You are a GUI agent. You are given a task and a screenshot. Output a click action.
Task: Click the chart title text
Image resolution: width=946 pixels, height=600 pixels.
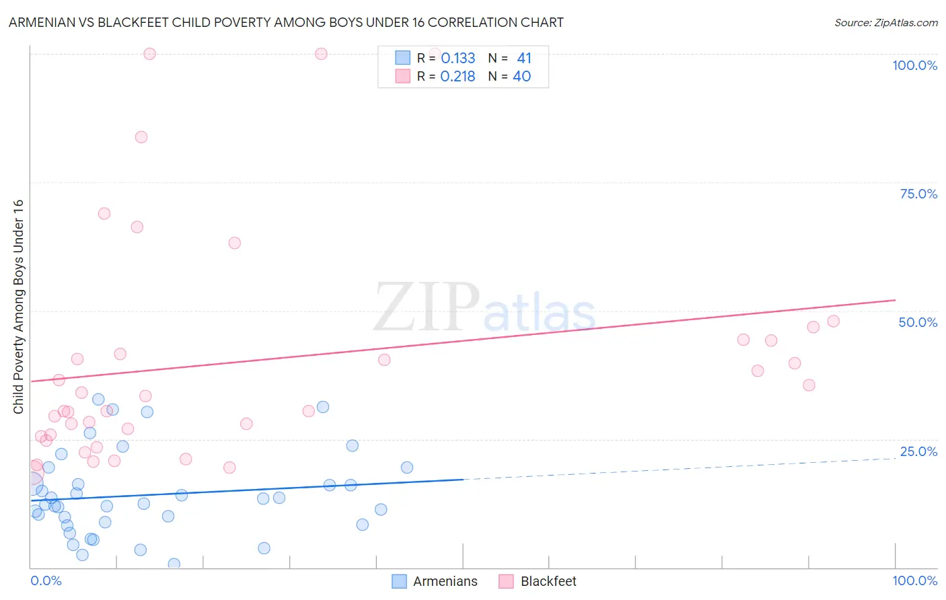286,22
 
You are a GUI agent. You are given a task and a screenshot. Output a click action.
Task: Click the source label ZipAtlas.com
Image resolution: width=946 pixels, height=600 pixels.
885,22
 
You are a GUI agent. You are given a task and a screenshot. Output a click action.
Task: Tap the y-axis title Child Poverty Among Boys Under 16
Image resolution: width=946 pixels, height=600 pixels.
18,306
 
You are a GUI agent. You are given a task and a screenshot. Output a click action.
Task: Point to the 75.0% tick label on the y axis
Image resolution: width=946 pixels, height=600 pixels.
918,194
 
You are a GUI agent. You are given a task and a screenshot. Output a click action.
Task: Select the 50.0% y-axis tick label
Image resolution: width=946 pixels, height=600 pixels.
918,322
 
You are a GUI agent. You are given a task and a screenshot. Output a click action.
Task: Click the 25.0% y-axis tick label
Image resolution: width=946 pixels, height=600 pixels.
918,451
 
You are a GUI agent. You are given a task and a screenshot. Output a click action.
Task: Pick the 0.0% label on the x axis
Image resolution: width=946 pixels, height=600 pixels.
46,580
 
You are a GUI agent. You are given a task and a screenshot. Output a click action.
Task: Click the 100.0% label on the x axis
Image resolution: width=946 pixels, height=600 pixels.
914,580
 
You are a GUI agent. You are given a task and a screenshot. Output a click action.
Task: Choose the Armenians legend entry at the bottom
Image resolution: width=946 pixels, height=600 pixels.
435,581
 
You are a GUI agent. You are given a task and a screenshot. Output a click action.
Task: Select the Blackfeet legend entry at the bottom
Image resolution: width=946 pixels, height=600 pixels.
538,581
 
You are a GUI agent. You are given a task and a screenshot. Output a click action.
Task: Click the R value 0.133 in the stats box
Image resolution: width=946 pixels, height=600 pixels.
458,59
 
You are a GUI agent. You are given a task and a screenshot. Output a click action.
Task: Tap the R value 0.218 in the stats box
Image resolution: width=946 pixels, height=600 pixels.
458,77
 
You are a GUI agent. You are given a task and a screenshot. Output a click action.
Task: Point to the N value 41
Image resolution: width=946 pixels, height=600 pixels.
523,59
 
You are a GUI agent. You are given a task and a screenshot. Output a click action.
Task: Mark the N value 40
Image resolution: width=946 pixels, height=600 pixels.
521,77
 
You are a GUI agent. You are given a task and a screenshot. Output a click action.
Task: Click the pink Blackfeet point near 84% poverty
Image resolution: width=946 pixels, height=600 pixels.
141,137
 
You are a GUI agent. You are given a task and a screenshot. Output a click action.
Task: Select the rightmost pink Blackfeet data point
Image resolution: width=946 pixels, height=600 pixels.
833,322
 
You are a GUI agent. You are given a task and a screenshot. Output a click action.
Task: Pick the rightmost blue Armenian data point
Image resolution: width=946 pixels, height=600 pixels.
406,467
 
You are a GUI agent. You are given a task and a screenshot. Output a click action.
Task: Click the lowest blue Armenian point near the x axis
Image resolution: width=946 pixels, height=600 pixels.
174,564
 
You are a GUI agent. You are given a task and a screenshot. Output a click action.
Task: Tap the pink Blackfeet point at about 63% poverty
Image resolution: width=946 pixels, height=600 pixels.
234,243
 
